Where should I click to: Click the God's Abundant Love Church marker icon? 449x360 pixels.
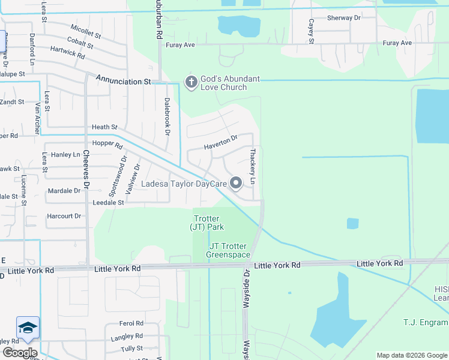point(191,82)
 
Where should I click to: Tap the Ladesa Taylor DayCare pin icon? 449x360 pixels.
point(236,183)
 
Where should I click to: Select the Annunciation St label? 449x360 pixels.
point(122,80)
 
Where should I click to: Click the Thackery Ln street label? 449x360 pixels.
point(253,167)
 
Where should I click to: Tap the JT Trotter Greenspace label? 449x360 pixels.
point(228,251)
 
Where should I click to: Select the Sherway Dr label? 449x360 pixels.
point(344,18)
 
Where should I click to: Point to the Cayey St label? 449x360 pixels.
point(311,32)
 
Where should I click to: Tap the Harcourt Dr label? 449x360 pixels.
point(64,216)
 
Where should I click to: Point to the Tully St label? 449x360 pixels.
point(131,348)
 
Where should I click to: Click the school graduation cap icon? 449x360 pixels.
point(28,328)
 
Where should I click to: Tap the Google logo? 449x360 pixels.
point(20,353)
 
